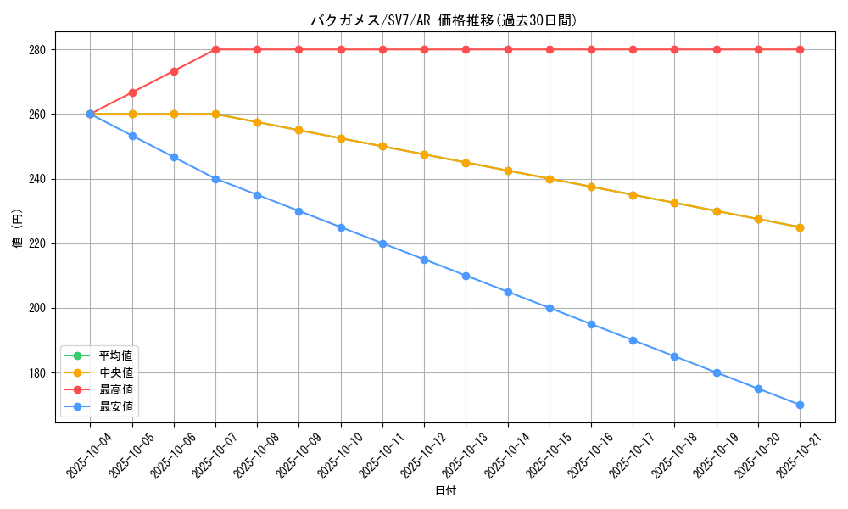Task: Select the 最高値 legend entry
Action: [x=115, y=389]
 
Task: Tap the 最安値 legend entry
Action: [x=115, y=406]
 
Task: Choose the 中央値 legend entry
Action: [x=115, y=372]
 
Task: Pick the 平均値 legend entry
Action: [x=115, y=355]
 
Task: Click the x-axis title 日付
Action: [x=445, y=491]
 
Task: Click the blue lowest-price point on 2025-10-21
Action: [x=800, y=405]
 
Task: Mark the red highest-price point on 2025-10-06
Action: [x=174, y=71]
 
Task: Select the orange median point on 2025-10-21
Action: [x=800, y=227]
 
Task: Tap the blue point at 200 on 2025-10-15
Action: [x=550, y=308]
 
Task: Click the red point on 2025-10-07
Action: [x=215, y=49]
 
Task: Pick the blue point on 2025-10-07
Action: [x=215, y=179]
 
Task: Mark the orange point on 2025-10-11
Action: [x=382, y=146]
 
